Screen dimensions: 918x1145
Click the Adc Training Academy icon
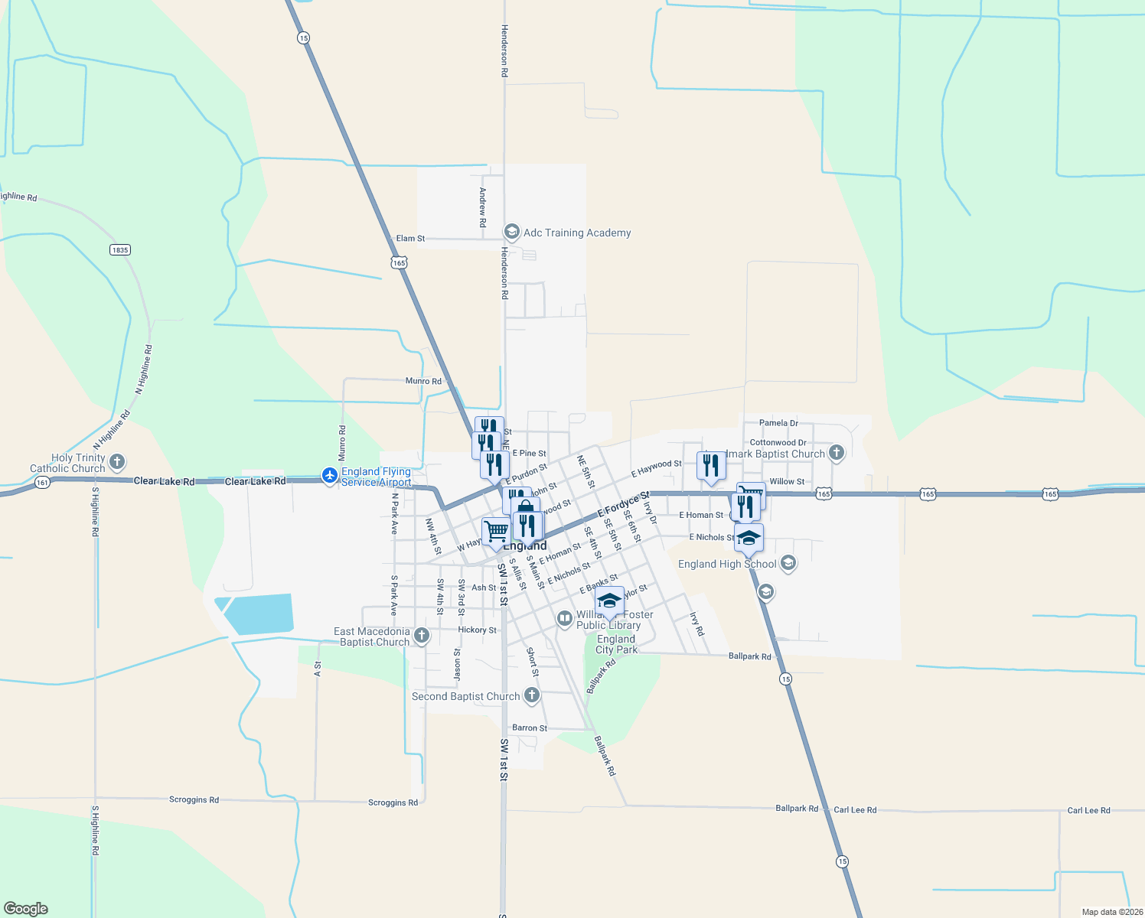point(511,232)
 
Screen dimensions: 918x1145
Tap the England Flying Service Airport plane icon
point(330,476)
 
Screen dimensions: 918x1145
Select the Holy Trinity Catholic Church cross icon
point(117,461)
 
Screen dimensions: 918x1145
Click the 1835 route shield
point(120,249)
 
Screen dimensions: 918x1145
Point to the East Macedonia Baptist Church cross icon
point(421,635)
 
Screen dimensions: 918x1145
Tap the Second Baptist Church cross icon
point(531,695)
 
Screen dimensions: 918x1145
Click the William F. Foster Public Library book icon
point(564,618)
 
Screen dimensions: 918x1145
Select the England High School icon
point(788,564)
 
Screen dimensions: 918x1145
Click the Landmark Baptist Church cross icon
point(836,452)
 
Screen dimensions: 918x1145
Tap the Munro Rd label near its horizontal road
point(423,380)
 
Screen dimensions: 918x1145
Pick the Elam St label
point(410,239)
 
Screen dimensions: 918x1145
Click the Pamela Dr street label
point(778,422)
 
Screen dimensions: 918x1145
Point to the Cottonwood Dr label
point(778,442)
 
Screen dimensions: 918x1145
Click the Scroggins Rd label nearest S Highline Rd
point(194,799)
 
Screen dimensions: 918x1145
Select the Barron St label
point(530,728)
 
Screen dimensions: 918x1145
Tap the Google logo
point(26,908)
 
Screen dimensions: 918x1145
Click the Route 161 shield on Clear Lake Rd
point(42,483)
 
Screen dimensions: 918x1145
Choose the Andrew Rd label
point(483,207)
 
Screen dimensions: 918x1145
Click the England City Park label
point(616,644)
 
